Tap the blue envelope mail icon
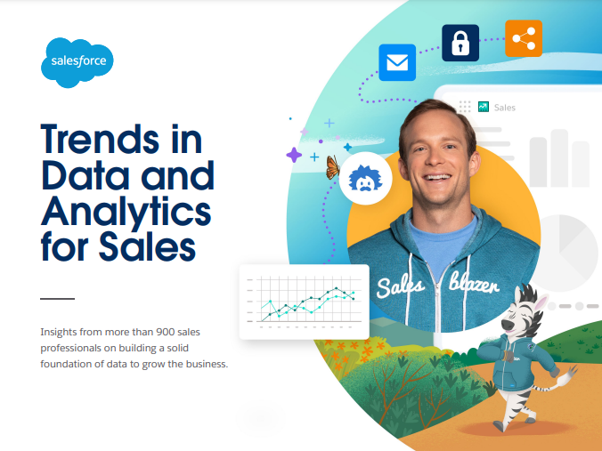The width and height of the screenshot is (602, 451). click(x=397, y=62)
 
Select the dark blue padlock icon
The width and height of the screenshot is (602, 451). click(x=460, y=43)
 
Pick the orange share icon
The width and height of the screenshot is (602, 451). click(x=524, y=38)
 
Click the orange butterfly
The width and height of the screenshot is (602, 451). click(x=334, y=166)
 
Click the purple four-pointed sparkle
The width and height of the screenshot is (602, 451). click(x=294, y=155)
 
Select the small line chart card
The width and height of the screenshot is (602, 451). click(x=304, y=302)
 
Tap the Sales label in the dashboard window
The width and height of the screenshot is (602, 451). click(x=504, y=108)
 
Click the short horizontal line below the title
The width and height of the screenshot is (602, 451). click(x=58, y=298)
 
